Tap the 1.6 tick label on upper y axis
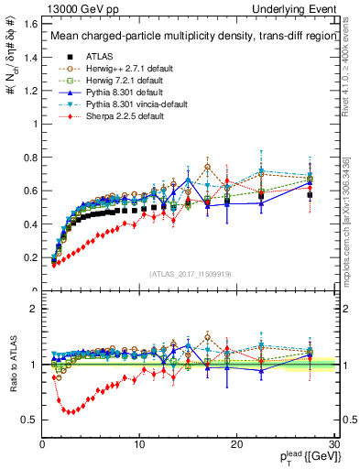[30, 25]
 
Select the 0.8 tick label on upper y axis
[30, 158]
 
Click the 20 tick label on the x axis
[236, 444]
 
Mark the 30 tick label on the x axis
[333, 444]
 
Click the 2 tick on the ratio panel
[34, 309]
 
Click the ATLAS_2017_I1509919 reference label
[189, 273]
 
